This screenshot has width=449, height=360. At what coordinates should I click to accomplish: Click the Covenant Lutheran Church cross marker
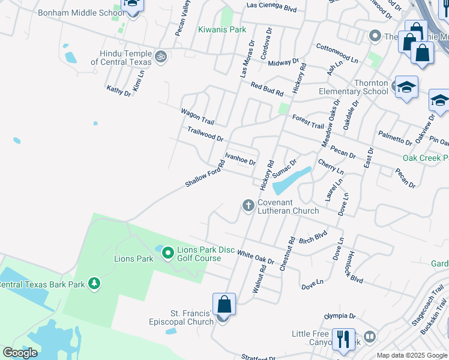pos(248,206)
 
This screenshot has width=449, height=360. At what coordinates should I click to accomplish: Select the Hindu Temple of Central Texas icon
pos(160,56)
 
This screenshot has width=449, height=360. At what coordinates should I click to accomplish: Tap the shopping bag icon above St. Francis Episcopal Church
pos(224,304)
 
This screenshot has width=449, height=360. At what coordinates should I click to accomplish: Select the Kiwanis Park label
pos(223,29)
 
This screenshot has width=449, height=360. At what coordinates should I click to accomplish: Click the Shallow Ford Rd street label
pos(205,177)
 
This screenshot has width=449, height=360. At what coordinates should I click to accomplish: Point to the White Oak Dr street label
pos(256,257)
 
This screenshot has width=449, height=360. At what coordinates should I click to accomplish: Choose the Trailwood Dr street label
pos(205,133)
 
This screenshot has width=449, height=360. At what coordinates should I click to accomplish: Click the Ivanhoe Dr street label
pos(240,159)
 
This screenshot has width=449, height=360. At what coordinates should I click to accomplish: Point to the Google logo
pos(20,353)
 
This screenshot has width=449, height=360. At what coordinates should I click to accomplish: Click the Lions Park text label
pos(134,259)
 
